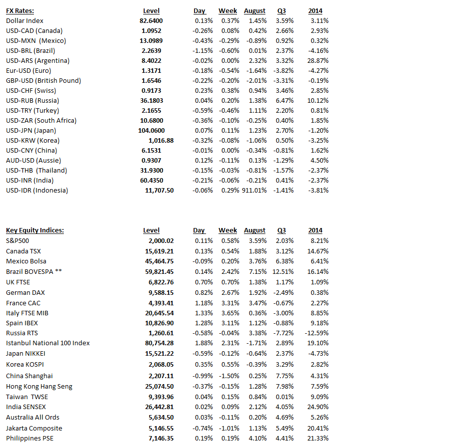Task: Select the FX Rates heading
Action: tap(20, 11)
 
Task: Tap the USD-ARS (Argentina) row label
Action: tap(38, 61)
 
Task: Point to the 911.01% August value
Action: tap(254, 191)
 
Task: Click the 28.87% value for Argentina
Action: tap(319, 61)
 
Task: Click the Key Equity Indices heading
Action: tap(35, 230)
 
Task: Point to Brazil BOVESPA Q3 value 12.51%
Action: tap(282, 272)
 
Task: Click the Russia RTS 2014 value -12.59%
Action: tap(317, 333)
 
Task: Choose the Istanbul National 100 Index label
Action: tap(48, 343)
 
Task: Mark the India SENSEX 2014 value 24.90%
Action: tap(319, 407)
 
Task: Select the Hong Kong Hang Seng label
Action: tap(39, 387)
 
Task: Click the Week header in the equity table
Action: tap(227, 230)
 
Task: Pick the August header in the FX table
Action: tap(254, 11)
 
